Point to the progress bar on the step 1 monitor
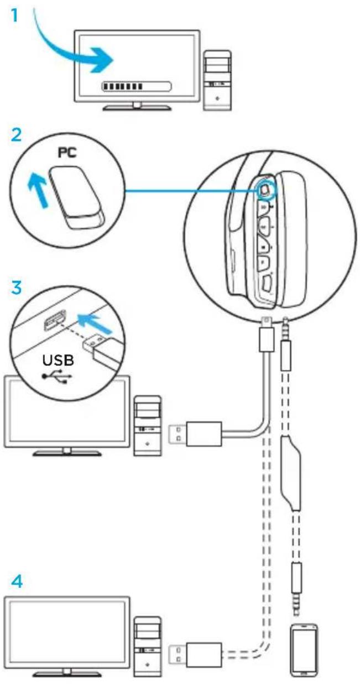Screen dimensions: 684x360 tap(136, 86)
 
